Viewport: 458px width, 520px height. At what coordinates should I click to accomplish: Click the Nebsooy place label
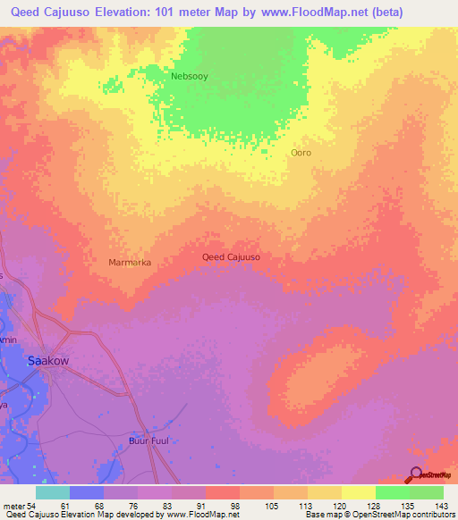click(189, 77)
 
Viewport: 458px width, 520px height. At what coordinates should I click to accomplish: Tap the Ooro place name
click(301, 153)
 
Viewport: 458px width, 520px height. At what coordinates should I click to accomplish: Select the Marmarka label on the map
click(129, 263)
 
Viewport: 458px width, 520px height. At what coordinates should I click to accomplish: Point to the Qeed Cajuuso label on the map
click(231, 257)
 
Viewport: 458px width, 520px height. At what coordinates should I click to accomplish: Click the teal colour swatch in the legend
click(53, 492)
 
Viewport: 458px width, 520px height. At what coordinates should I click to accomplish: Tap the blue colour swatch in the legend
click(87, 492)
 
